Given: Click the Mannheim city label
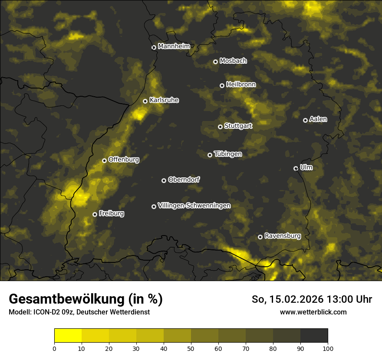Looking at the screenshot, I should click(174, 46).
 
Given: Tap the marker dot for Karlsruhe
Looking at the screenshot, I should click(145, 101).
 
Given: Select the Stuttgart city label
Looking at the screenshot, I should click(238, 126).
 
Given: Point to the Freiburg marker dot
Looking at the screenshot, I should click(95, 214).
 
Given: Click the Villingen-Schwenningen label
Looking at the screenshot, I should click(194, 206).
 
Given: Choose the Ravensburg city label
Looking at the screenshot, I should click(282, 236).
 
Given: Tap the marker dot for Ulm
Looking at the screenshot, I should click(296, 168).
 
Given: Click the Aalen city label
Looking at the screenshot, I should click(318, 119).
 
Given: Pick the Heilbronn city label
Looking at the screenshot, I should click(241, 85).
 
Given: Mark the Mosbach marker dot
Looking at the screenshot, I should click(215, 62).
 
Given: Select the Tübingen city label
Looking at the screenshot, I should click(228, 154).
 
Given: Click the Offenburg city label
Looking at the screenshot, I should click(123, 160).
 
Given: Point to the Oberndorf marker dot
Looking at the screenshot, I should click(164, 180).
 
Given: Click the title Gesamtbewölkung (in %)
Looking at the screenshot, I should click(86, 299).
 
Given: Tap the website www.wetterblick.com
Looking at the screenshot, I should click(313, 312).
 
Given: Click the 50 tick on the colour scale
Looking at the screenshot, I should click(191, 348).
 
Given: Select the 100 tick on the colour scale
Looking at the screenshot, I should click(328, 348).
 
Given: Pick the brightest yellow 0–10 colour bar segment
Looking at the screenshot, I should click(68, 336).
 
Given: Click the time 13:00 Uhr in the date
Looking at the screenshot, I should click(346, 299).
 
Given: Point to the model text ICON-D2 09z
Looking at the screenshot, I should click(50, 312).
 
